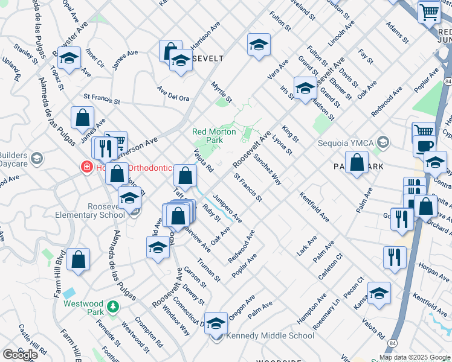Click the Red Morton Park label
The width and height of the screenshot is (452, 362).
click(207, 136)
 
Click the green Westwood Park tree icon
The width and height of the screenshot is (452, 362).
click(112, 307)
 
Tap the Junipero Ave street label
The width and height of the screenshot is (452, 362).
click(228, 208)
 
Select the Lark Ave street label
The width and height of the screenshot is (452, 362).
click(307, 247)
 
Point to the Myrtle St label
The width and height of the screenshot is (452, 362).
click(222, 92)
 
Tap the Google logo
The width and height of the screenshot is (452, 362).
click(20, 355)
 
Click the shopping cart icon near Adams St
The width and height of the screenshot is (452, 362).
click(429, 11)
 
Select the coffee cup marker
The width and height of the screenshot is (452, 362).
click(424, 146)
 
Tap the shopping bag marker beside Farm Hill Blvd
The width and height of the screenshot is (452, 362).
click(79, 259)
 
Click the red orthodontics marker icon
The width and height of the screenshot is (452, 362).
click(87, 167)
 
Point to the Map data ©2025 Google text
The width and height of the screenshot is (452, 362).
click(415, 357)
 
